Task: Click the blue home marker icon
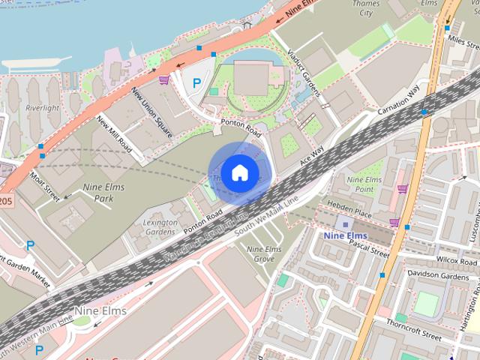pyautogui.click(x=238, y=172)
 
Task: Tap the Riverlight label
pyautogui.click(x=42, y=108)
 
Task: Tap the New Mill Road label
pyautogui.click(x=115, y=135)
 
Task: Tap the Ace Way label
pyautogui.click(x=310, y=155)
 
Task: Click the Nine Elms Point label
pyautogui.click(x=364, y=184)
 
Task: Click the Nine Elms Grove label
pyautogui.click(x=265, y=253)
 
